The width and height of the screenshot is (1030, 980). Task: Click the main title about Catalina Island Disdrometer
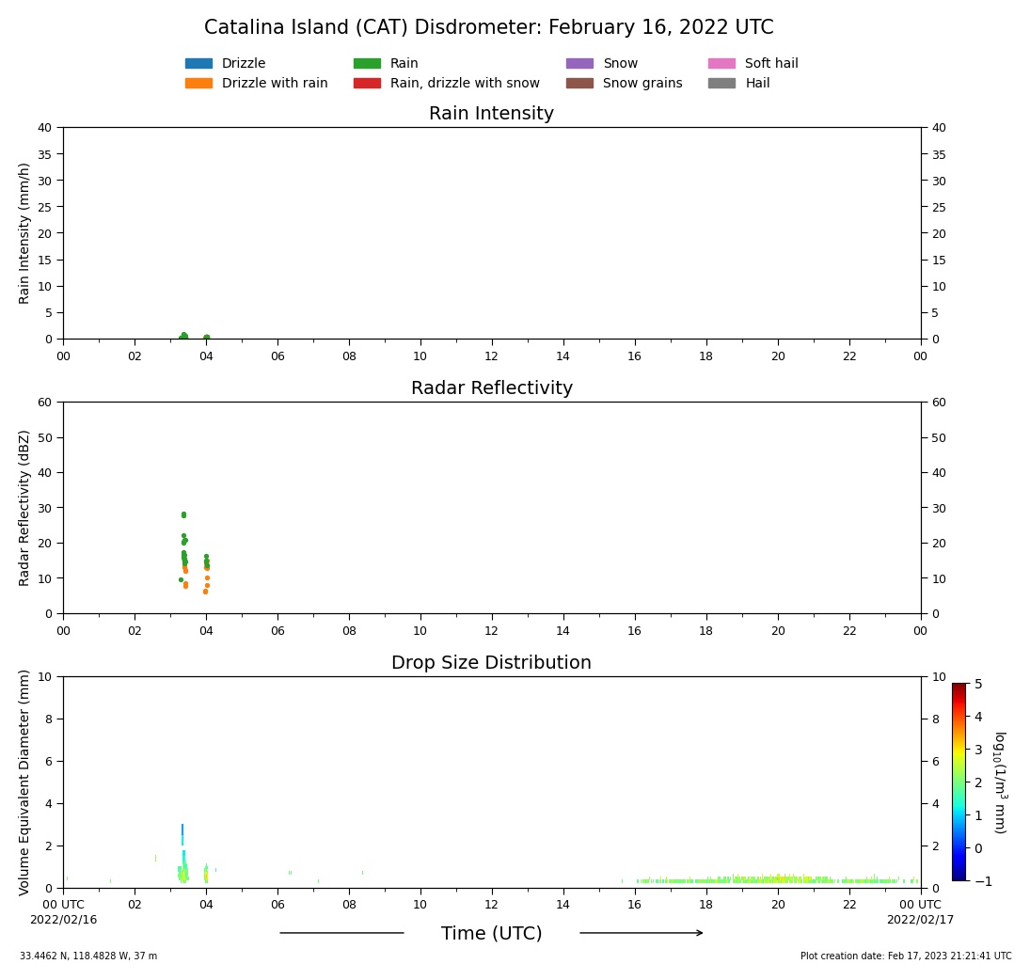(488, 28)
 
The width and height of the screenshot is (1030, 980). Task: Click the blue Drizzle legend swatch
(198, 64)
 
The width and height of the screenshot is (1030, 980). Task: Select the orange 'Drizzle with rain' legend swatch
(198, 84)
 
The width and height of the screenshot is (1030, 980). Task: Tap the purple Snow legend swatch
(579, 64)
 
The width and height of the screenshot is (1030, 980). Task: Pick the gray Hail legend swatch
(721, 84)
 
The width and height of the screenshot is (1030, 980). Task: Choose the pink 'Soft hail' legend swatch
(721, 64)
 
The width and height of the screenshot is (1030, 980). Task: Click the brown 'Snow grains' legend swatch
(579, 84)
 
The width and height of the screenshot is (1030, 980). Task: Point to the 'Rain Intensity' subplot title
(491, 114)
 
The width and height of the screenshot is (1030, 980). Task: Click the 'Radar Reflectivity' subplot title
(491, 388)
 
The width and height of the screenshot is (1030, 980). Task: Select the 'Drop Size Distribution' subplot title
(491, 663)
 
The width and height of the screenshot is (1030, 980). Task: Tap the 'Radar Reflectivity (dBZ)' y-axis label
(25, 508)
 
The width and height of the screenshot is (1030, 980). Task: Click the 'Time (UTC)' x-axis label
(491, 934)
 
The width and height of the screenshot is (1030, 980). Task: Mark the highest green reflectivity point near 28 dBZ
(183, 514)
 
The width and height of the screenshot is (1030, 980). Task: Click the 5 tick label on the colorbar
(978, 684)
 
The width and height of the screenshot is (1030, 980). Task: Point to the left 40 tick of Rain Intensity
(45, 128)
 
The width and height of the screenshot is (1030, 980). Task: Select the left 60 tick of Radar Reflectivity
(45, 403)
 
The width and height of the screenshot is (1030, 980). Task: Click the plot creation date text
(906, 956)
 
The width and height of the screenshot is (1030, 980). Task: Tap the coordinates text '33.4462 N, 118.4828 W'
(88, 956)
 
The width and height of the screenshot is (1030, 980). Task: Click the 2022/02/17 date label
(920, 920)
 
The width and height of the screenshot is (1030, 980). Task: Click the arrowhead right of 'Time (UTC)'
(698, 933)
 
